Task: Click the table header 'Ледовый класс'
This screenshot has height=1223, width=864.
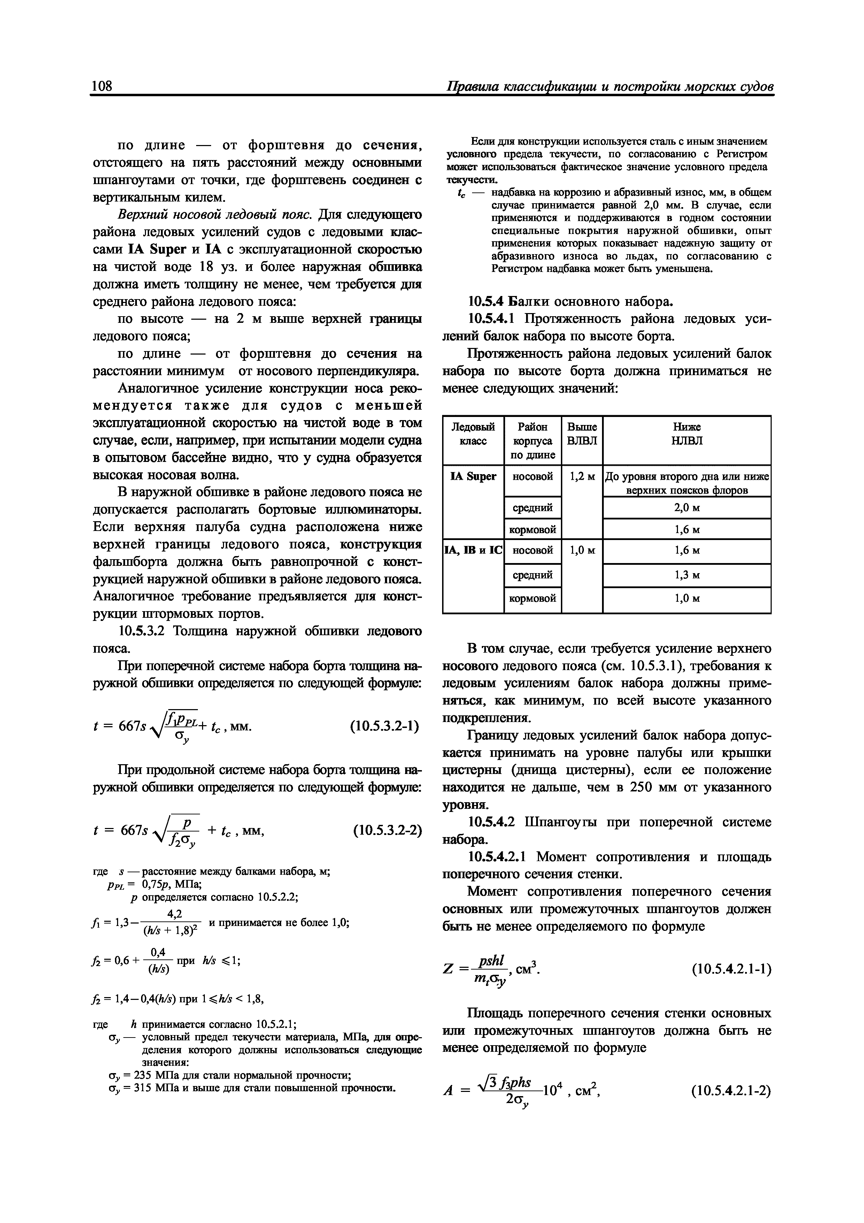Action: click(473, 434)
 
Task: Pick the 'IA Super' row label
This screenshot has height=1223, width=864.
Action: click(473, 477)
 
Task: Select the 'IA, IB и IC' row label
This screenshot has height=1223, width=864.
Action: click(473, 550)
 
